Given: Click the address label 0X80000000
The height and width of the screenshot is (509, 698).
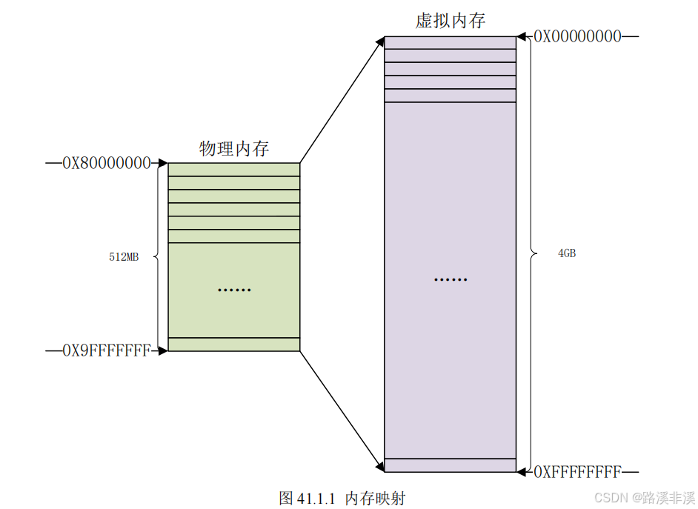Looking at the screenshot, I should click(x=107, y=162).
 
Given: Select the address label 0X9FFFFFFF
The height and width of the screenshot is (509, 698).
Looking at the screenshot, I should click(x=107, y=350).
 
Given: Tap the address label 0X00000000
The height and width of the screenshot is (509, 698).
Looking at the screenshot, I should click(x=578, y=36).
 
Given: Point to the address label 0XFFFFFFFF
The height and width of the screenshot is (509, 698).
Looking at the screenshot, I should click(x=578, y=471).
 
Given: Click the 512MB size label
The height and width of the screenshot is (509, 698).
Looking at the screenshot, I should click(x=124, y=257).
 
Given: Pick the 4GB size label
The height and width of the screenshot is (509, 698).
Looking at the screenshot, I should click(x=567, y=253).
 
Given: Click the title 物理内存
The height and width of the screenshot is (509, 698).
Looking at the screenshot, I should click(x=234, y=149).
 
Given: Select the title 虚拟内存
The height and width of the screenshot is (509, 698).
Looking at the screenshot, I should click(x=451, y=21).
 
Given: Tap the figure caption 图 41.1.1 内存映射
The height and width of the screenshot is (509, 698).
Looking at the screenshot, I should click(x=342, y=497).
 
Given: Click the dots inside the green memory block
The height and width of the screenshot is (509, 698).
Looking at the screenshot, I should click(x=234, y=289).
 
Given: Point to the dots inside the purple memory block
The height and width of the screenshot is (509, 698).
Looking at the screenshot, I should click(x=451, y=280).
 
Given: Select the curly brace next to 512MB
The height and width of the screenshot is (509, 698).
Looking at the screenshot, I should click(x=157, y=256).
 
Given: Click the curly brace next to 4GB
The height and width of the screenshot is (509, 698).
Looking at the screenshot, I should click(x=531, y=253).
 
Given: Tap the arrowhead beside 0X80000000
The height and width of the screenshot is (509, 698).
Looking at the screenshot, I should click(x=163, y=163).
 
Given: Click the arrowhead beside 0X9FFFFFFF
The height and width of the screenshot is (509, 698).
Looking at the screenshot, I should click(x=163, y=350).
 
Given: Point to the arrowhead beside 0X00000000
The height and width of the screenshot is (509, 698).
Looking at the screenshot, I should click(x=522, y=36).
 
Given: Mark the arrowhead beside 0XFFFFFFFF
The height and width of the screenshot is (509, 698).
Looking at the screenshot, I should click(x=522, y=471).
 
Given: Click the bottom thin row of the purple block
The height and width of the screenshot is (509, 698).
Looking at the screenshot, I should click(x=451, y=465).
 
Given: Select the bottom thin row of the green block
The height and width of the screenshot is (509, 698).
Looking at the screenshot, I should click(x=234, y=344).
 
